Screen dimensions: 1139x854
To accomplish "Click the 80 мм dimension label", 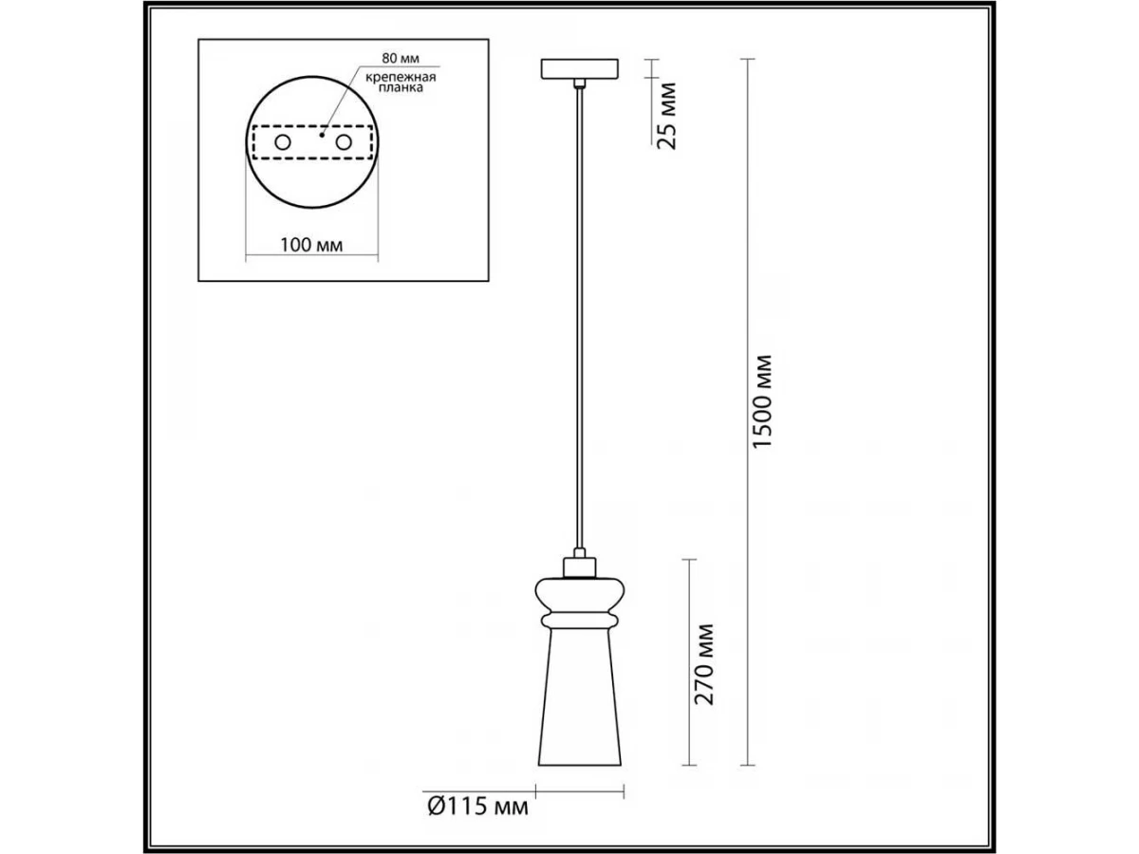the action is (x=401, y=58).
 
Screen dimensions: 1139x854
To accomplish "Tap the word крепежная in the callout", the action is (x=401, y=77).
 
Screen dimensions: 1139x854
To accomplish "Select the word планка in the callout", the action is (x=401, y=87).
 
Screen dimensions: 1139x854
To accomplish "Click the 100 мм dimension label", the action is (x=311, y=245).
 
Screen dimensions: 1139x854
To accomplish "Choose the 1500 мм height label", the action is (x=763, y=401).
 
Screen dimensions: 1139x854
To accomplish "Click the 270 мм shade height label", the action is (x=704, y=664).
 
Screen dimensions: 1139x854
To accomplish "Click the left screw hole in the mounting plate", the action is (x=283, y=142).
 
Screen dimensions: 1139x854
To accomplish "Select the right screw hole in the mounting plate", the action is (x=344, y=142).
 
